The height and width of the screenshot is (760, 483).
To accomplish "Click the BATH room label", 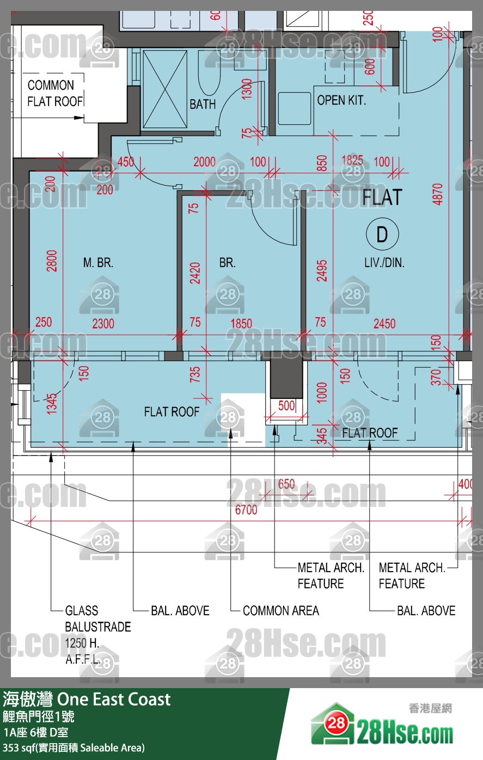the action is (x=203, y=104).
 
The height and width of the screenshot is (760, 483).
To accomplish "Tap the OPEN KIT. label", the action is (x=341, y=100).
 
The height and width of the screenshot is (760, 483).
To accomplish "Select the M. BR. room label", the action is (x=99, y=263).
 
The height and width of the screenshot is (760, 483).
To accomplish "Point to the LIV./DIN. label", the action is (x=384, y=263).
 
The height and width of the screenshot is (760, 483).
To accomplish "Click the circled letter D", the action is (x=382, y=234).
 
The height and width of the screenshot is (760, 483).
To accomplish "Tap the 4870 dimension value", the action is (x=438, y=194).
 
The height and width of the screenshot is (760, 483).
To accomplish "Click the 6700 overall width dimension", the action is (x=246, y=509).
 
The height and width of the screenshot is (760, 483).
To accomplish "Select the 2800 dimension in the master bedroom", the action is (x=52, y=261).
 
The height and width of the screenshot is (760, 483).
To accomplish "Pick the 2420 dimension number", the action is (x=195, y=273).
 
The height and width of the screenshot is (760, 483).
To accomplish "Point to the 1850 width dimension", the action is (x=241, y=324).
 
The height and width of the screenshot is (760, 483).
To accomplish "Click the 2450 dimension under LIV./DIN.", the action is (x=384, y=324).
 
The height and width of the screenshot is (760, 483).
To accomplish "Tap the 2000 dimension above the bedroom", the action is (x=205, y=162).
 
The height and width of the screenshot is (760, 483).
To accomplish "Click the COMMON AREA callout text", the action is (x=281, y=611).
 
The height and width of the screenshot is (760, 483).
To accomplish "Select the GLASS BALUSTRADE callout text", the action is (x=97, y=618).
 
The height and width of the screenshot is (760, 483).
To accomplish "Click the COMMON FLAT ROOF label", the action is (x=54, y=93).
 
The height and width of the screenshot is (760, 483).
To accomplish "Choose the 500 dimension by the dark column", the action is (x=286, y=405).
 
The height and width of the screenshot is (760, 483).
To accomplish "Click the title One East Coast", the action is (x=114, y=700).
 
